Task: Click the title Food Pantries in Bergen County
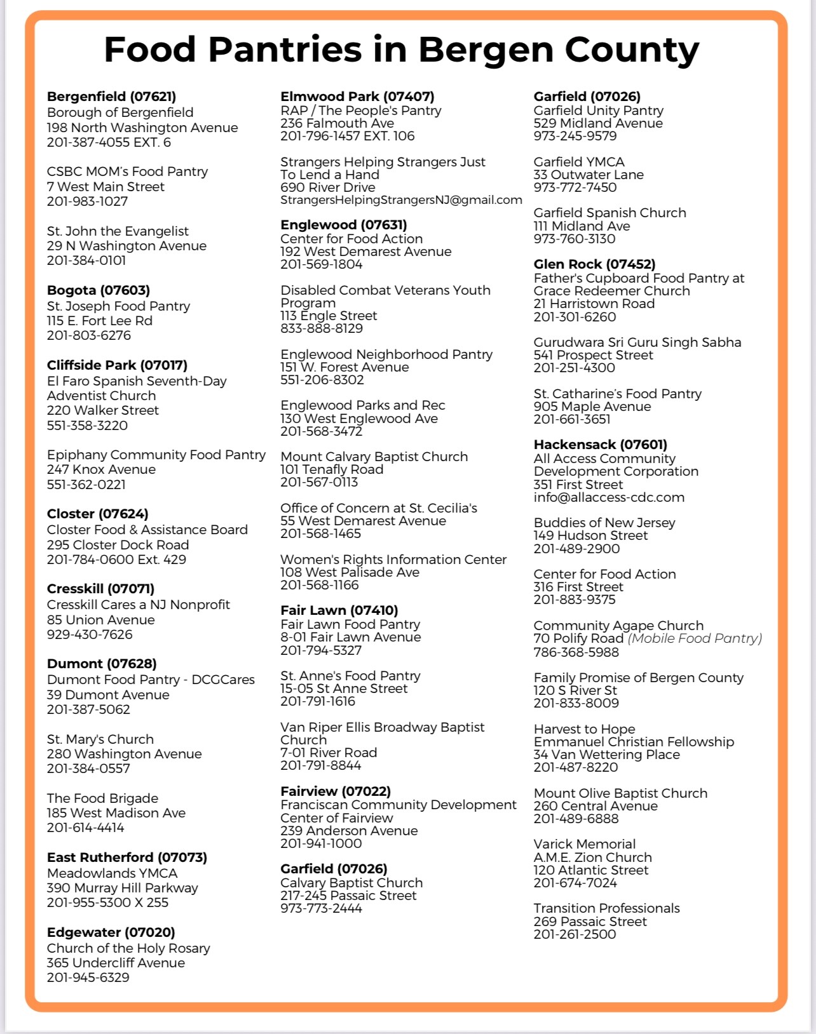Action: [401, 50]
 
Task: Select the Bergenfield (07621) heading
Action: [111, 97]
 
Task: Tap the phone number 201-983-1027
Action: [87, 201]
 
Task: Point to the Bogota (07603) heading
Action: [99, 290]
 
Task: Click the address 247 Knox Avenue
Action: [101, 469]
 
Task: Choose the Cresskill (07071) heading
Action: [100, 589]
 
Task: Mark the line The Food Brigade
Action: [102, 798]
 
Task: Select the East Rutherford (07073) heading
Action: [127, 857]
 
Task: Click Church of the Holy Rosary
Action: [128, 948]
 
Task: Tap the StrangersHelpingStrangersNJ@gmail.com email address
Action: [401, 200]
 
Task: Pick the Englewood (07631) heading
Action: [344, 225]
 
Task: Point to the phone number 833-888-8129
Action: [322, 328]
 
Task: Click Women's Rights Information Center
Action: [393, 560]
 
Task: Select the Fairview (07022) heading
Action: [336, 791]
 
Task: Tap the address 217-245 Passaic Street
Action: [348, 896]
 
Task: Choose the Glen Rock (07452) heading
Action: [594, 264]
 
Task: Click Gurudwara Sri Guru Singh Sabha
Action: [637, 342]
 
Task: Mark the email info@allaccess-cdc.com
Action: [609, 497]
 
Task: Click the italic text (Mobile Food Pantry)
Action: [695, 638]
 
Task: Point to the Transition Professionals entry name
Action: [606, 908]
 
